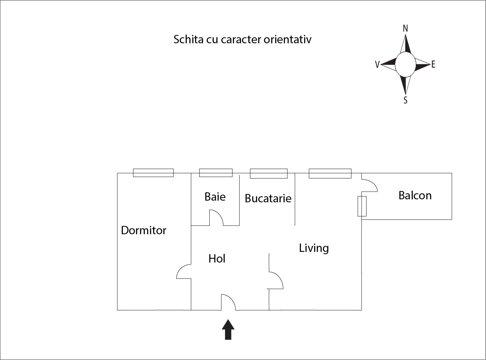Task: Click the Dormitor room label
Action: click(x=143, y=230)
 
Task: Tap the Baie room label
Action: click(x=215, y=197)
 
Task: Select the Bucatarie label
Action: click(x=268, y=198)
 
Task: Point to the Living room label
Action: click(x=314, y=248)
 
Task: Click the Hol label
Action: click(x=217, y=259)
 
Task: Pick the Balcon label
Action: click(x=415, y=195)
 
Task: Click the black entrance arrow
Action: click(x=228, y=330)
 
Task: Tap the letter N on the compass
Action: click(x=405, y=29)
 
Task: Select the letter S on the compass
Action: click(x=405, y=100)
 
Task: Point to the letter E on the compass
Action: click(x=433, y=65)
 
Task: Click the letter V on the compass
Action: click(x=377, y=65)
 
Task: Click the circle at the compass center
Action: click(x=405, y=65)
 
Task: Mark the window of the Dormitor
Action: click(x=153, y=173)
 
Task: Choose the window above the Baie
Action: click(x=216, y=173)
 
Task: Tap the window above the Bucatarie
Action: click(x=269, y=173)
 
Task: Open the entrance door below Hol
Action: click(x=229, y=302)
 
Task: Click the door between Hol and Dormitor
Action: click(x=184, y=271)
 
